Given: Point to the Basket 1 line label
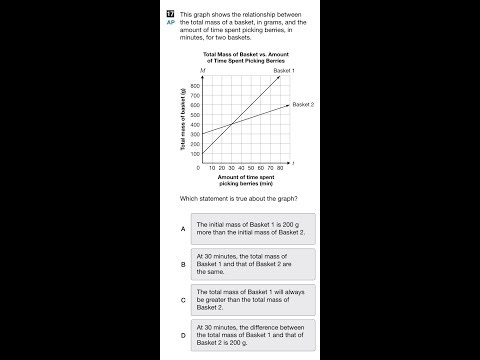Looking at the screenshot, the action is point(291,73).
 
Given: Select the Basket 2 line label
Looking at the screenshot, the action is point(304,104).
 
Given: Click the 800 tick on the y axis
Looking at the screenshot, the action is point(194,86).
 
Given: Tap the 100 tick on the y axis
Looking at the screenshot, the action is point(194,154).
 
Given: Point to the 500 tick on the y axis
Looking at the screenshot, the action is point(194,115).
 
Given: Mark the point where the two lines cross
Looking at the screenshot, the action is point(232,124).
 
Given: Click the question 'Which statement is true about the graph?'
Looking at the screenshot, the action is point(237,198).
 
